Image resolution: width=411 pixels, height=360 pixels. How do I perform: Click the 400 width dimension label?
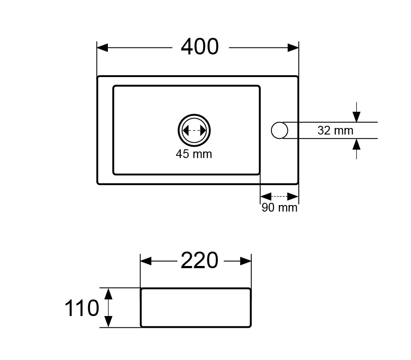tap(200, 47)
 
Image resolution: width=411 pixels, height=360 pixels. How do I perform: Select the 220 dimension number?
tap(200, 261)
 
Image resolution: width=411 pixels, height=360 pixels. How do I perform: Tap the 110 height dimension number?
tap(82, 308)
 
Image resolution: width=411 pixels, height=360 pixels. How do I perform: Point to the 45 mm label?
tap(194, 154)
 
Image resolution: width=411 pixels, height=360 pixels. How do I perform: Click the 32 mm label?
tap(335, 131)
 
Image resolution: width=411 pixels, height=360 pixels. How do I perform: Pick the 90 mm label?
tap(279, 208)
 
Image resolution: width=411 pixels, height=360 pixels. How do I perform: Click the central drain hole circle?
tap(194, 130)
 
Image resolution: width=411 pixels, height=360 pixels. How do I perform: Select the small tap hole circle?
tap(279, 130)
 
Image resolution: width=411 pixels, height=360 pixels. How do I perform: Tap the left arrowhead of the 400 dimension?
tap(103, 48)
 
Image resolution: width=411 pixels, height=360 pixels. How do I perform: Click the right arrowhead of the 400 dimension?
tap(293, 48)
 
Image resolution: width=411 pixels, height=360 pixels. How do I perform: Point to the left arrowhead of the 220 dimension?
tap(146, 261)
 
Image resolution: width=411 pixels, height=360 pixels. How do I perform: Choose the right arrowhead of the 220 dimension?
tap(246, 261)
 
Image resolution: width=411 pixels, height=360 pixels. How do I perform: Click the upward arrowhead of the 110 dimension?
tap(108, 293)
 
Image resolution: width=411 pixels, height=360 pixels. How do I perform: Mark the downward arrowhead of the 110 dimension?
tap(108, 322)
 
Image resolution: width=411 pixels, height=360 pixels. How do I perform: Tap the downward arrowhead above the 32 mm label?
tap(356, 117)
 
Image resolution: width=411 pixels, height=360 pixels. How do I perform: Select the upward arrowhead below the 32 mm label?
tap(356, 144)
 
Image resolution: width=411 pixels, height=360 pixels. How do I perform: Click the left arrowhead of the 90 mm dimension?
tap(266, 196)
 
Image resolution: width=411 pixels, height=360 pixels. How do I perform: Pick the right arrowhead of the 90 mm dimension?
tap(293, 196)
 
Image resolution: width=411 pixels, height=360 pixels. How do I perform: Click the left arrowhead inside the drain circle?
tap(185, 131)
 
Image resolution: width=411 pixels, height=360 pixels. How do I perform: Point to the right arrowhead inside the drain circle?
tap(203, 131)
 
